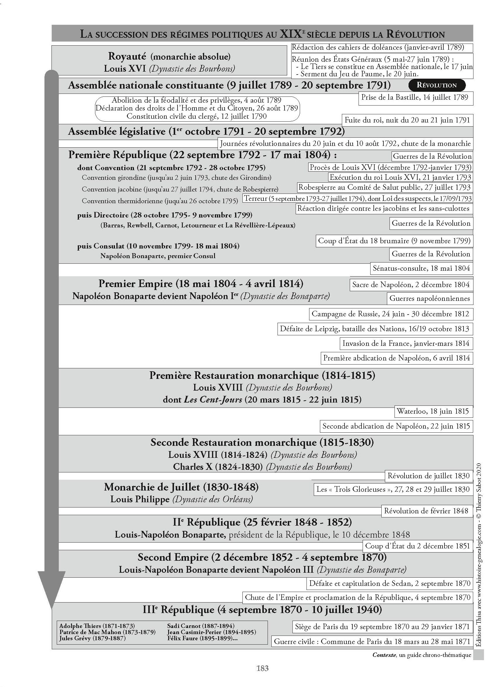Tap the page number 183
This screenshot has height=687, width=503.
click(262, 668)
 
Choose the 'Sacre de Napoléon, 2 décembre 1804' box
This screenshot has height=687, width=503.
click(411, 285)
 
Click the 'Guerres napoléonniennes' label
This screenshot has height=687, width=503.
click(430, 298)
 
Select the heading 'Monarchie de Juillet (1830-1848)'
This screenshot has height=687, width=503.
click(181, 487)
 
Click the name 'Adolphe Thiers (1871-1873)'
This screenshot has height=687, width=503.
click(97, 626)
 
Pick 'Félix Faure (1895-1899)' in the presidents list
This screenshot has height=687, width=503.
click(202, 638)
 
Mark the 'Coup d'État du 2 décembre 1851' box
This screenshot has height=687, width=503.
click(417, 546)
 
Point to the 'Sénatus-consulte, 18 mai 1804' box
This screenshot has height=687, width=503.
click(421, 268)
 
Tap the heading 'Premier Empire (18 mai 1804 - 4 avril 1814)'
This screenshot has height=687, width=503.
click(201, 284)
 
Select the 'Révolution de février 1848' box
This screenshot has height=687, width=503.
click(426, 511)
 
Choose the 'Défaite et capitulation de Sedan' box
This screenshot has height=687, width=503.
click(390, 584)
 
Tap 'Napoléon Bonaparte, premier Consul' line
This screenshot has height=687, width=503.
click(158, 256)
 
